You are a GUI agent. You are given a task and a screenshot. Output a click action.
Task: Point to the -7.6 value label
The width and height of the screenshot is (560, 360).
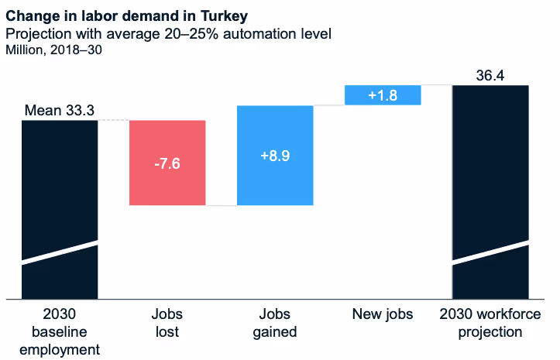(x=167, y=164)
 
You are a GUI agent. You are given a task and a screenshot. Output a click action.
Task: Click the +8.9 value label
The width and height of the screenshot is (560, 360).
(x=275, y=155)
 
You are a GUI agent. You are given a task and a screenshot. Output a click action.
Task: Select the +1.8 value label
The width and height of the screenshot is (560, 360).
(x=383, y=95)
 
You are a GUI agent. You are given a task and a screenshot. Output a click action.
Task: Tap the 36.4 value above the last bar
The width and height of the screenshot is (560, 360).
(x=490, y=75)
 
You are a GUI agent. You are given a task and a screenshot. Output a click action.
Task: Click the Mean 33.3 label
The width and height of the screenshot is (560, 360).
(x=60, y=111)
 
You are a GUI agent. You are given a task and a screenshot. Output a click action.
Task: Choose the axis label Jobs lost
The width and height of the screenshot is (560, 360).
(x=167, y=324)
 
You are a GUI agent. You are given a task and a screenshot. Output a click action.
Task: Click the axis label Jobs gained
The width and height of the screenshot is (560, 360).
(x=275, y=324)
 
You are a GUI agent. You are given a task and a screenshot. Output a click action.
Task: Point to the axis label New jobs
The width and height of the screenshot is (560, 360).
(x=383, y=314)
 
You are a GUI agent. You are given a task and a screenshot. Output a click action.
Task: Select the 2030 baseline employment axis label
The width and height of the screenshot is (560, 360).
(x=60, y=331)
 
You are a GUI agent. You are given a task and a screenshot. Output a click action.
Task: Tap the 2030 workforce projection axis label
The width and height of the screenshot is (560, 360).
(x=490, y=324)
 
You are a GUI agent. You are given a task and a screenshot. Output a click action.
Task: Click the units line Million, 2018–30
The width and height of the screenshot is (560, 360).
(x=53, y=50)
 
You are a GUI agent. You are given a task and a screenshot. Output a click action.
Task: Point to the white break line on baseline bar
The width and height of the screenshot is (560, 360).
(x=60, y=253)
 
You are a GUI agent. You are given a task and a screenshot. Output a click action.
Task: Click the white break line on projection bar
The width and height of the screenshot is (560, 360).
(x=490, y=253)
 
